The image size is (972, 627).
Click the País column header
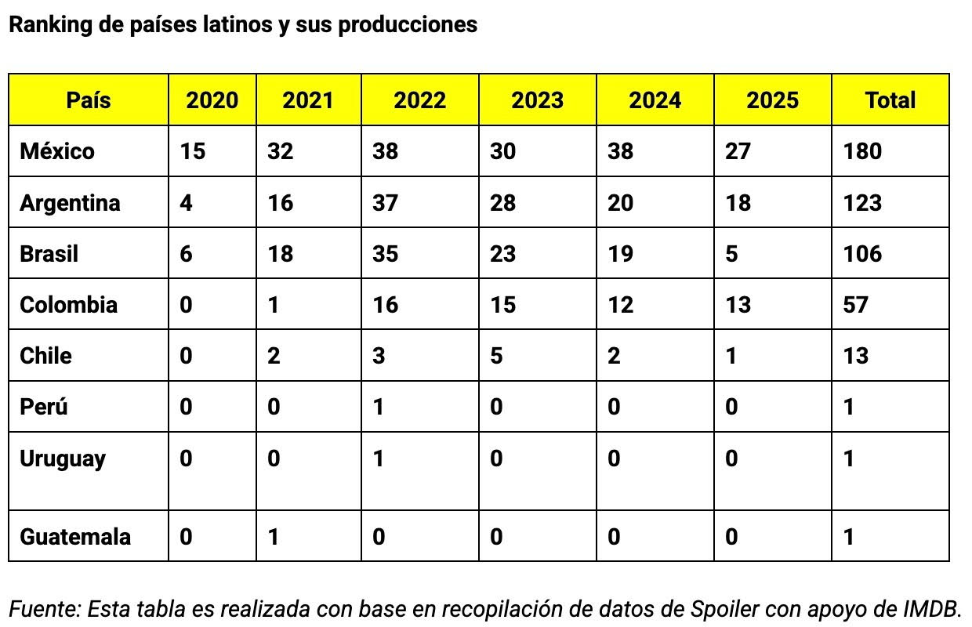(89, 100)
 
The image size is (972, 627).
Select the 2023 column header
(537, 100)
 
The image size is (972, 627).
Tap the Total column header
(890, 100)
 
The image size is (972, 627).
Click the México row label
(57, 151)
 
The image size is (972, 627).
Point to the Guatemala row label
(75, 536)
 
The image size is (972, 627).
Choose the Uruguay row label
(63, 459)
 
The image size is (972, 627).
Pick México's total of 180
(862, 151)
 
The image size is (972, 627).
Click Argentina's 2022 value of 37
(385, 203)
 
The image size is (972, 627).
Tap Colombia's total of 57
(856, 305)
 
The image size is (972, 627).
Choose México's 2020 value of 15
(193, 151)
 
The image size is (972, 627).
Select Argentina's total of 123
(862, 203)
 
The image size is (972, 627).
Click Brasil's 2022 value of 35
(385, 253)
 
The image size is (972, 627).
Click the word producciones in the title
(408, 25)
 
